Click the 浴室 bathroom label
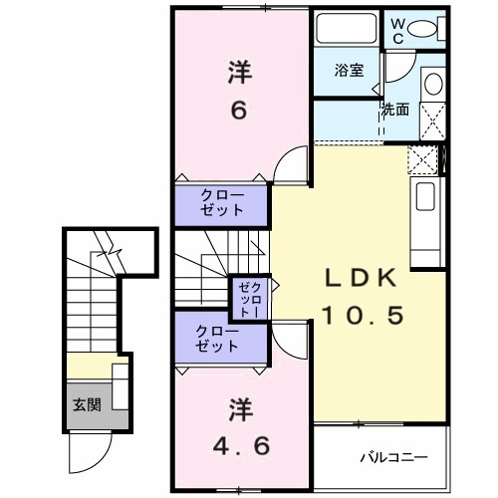pyautogui.click(x=348, y=71)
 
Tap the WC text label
pyautogui.click(x=397, y=30)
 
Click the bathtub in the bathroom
pyautogui.click(x=346, y=29)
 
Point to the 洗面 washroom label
pyautogui.click(x=394, y=110)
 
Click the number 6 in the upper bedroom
pyautogui.click(x=239, y=109)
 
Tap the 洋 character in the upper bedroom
pyautogui.click(x=239, y=72)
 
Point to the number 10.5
pyautogui.click(x=363, y=316)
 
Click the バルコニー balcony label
pyautogui.click(x=393, y=459)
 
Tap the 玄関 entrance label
pyautogui.click(x=85, y=405)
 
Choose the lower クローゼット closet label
pyautogui.click(x=217, y=339)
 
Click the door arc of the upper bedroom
pyautogui.click(x=291, y=165)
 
